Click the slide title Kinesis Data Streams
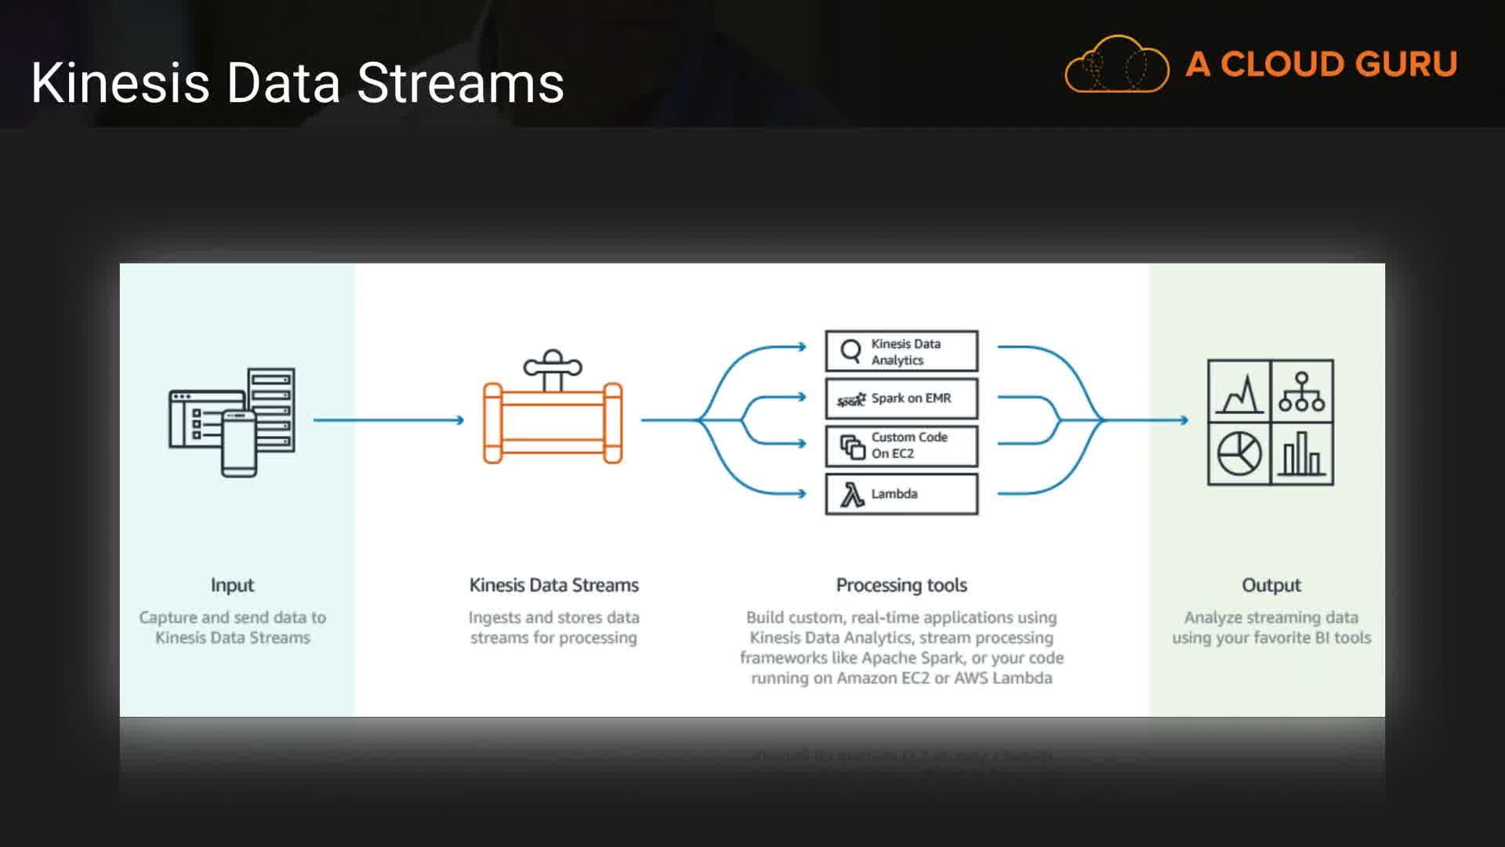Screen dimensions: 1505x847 [x=297, y=82]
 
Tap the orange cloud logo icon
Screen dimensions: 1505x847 [x=1116, y=64]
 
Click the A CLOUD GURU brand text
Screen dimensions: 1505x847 [x=1321, y=64]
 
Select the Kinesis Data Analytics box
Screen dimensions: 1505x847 [x=901, y=351]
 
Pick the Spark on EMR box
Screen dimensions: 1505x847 [x=901, y=398]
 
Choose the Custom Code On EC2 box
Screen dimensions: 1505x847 [x=901, y=445]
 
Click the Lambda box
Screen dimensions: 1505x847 [x=901, y=494]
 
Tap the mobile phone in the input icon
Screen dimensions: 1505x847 [x=239, y=443]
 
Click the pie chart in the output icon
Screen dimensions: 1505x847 [x=1238, y=454]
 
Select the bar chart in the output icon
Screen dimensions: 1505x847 [x=1302, y=454]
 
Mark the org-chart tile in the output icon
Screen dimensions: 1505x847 [x=1302, y=391]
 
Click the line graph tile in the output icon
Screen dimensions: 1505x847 [x=1239, y=391]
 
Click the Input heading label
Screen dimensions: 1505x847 [x=232, y=585]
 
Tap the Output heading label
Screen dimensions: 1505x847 [x=1271, y=585]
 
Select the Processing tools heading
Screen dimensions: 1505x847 [x=901, y=585]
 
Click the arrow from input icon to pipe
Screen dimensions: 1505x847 [x=389, y=420]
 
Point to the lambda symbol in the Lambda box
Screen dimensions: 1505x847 [x=852, y=495]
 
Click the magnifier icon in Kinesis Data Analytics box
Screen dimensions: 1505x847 [x=850, y=351]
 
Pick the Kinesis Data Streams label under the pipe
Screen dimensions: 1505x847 [x=553, y=585]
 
